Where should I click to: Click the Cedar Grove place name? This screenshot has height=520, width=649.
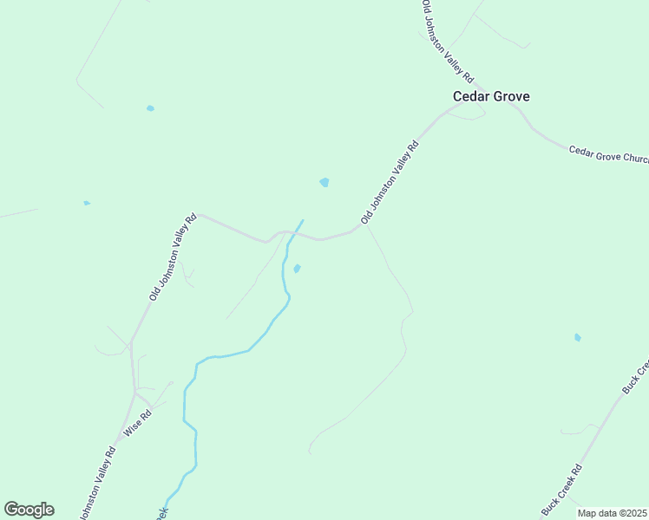[x=491, y=97]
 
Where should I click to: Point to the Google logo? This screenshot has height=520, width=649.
[x=29, y=510]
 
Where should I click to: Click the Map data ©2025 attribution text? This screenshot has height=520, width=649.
[x=613, y=513]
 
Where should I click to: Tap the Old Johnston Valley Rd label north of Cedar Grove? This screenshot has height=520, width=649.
[x=446, y=40]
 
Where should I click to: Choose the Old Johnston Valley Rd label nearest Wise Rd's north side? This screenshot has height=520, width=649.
[x=174, y=257]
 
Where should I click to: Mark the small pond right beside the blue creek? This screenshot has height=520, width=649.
[x=297, y=269]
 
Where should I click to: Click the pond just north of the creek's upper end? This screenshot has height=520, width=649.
[x=324, y=182]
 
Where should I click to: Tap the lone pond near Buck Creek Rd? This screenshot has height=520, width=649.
[x=577, y=337]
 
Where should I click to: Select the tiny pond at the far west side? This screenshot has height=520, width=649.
[x=87, y=203]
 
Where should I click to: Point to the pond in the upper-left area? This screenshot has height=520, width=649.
[x=150, y=108]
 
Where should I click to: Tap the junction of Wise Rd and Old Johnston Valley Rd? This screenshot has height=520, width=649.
[x=134, y=393]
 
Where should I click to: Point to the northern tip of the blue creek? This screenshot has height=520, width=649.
[x=303, y=220]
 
